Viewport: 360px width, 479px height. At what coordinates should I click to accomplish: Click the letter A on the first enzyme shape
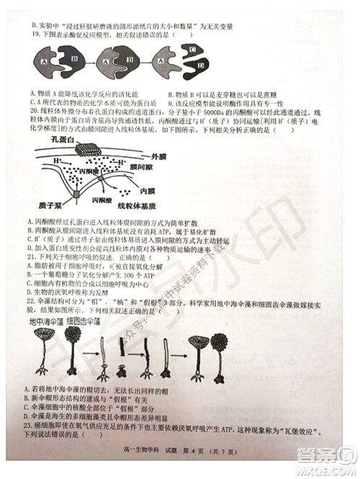tap(45, 63)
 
